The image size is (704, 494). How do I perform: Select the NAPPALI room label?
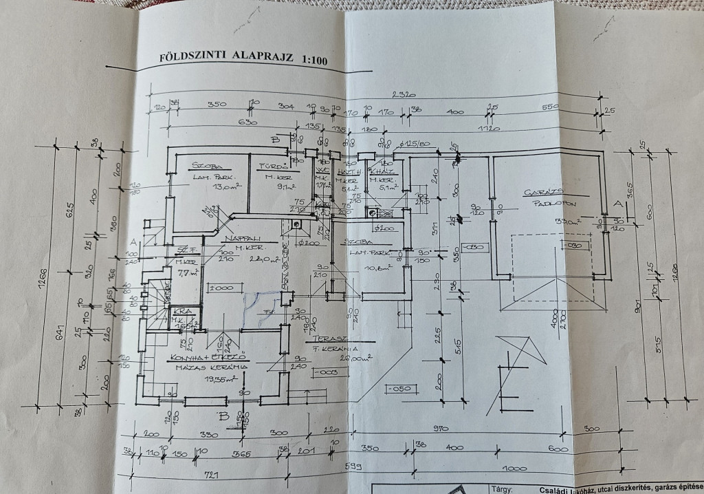tap(241, 237)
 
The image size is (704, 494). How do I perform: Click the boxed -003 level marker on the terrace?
tap(324, 372)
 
